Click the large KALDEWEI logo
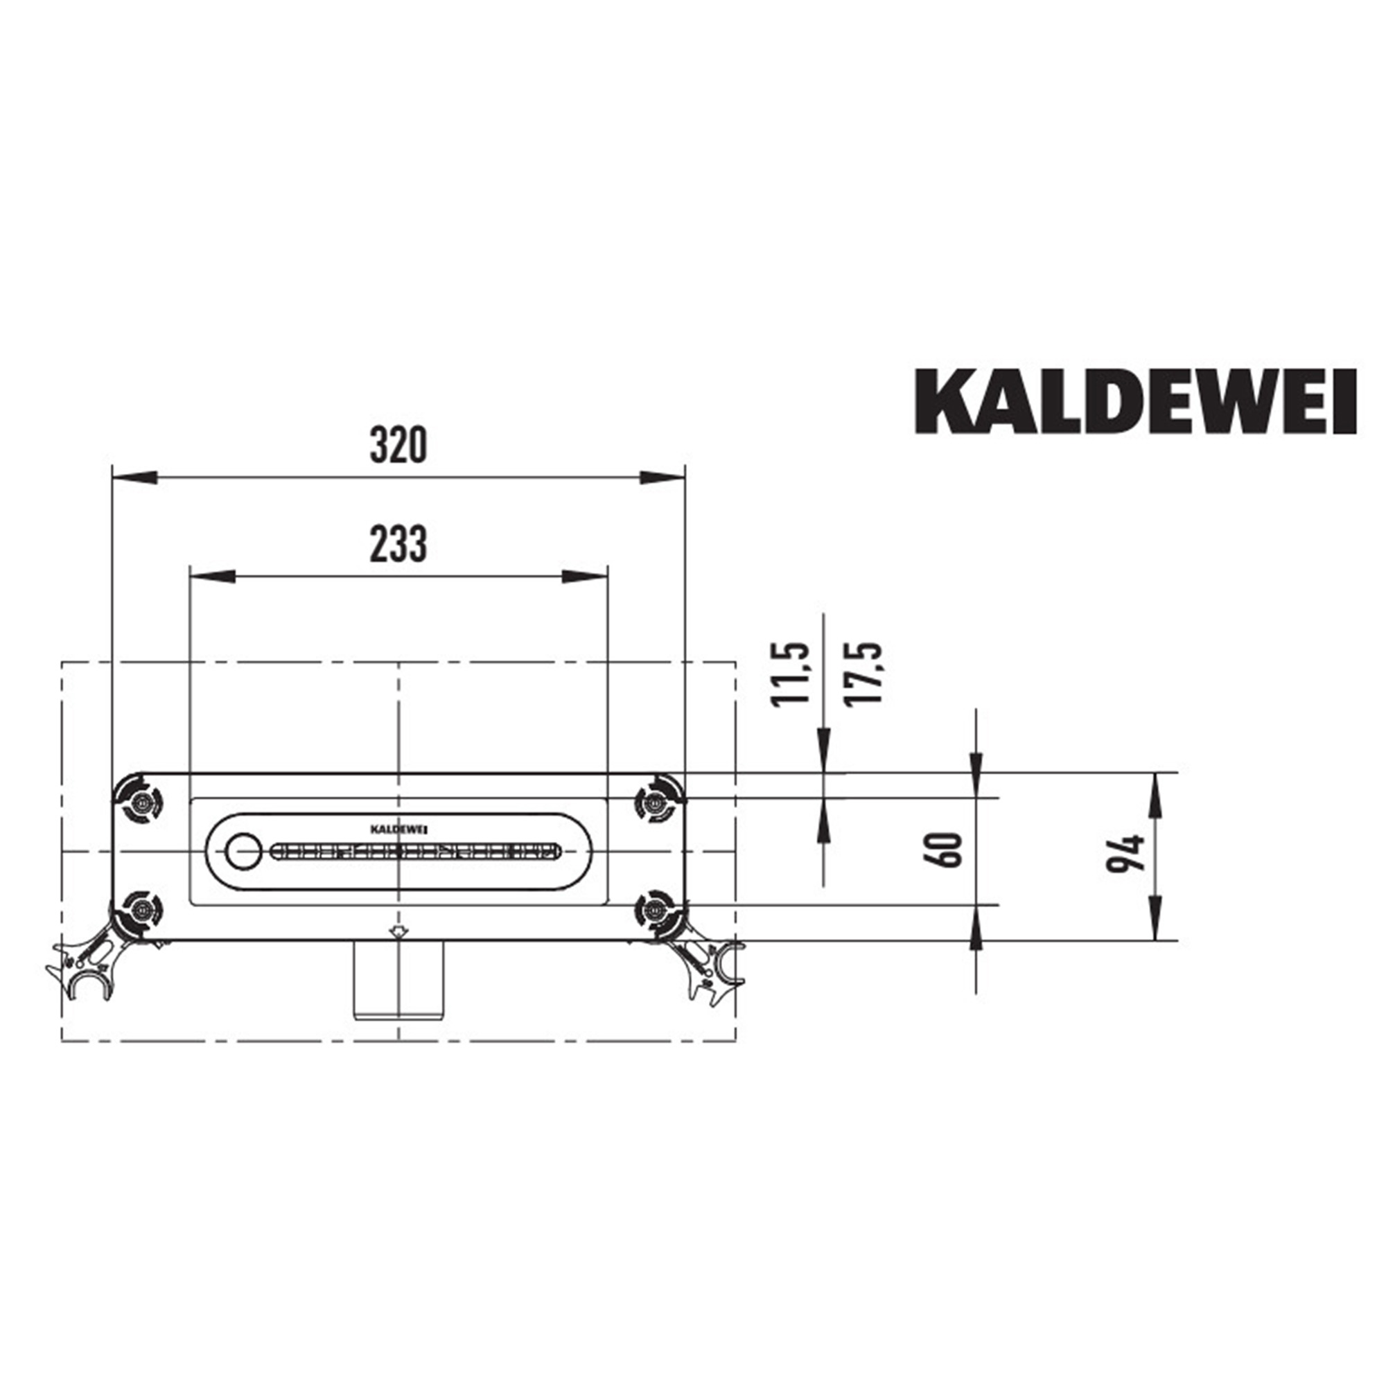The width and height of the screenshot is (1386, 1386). click(1136, 402)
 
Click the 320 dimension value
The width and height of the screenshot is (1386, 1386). click(398, 445)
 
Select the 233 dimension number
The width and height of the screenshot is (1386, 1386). click(398, 544)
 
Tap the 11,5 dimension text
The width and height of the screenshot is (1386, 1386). click(790, 674)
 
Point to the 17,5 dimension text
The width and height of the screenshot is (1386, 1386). click(863, 674)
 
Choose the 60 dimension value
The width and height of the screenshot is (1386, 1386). click(946, 850)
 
